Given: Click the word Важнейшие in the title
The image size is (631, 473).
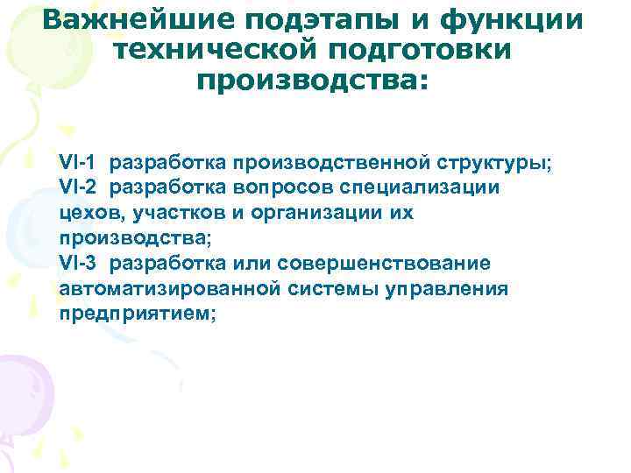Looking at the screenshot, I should point(138,19).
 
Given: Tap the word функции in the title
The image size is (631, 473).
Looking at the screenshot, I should point(515,19).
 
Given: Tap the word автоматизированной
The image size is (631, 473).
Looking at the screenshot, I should point(170,288).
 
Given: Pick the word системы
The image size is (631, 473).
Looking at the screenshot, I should point(338,288).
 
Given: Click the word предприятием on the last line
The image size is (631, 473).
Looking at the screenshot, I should point(135,314).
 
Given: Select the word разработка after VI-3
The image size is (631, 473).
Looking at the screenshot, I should point(166,263).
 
